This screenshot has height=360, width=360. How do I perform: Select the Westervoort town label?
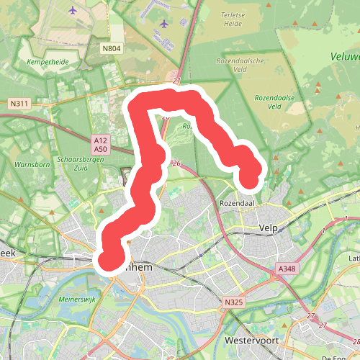click(251, 340)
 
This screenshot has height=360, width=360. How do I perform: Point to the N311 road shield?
click(19, 104)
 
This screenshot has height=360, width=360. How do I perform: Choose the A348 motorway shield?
click(287, 268)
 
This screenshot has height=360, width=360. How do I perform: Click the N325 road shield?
click(233, 302)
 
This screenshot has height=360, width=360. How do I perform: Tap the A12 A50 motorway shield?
click(100, 143)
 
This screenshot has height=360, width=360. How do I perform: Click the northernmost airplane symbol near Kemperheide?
click(73, 11)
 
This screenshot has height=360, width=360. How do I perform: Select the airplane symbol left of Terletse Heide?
click(163, 24)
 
